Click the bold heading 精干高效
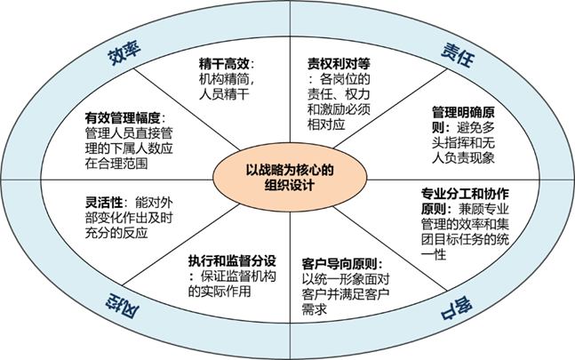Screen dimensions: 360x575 [x=226, y=64]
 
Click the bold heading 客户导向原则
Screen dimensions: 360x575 [x=341, y=264]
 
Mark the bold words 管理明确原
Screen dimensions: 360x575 [x=462, y=113]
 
